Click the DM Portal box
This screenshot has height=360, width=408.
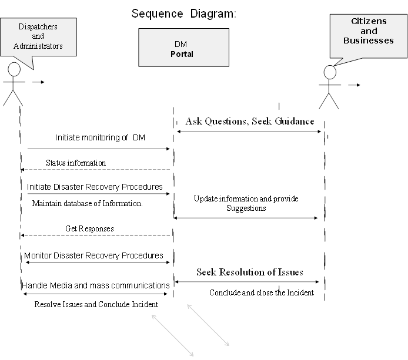point(183,48)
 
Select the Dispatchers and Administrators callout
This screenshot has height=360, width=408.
point(38,37)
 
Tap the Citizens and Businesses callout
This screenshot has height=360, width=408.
point(368,36)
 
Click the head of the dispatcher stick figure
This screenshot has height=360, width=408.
point(14,69)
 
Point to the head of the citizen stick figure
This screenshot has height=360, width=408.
point(330,72)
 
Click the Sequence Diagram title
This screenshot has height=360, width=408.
point(183,14)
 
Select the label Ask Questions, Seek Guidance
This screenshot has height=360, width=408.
point(250,121)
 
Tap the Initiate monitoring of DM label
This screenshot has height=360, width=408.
point(100,137)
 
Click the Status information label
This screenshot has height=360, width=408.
point(76,163)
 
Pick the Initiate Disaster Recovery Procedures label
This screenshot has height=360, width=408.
point(95,187)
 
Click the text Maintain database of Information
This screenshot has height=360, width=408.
point(87,204)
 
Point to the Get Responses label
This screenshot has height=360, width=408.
point(89,228)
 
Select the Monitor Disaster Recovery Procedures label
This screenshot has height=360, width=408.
point(93,255)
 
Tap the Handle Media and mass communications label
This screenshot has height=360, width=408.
point(95,285)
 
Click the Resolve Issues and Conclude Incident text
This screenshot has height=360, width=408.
point(96,304)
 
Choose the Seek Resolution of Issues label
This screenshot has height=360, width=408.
point(250,272)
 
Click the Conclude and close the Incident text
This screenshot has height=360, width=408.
point(262,292)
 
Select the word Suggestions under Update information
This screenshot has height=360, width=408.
point(246,208)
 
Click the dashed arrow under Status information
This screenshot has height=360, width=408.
point(95,170)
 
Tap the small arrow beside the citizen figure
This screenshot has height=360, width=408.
point(354,85)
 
